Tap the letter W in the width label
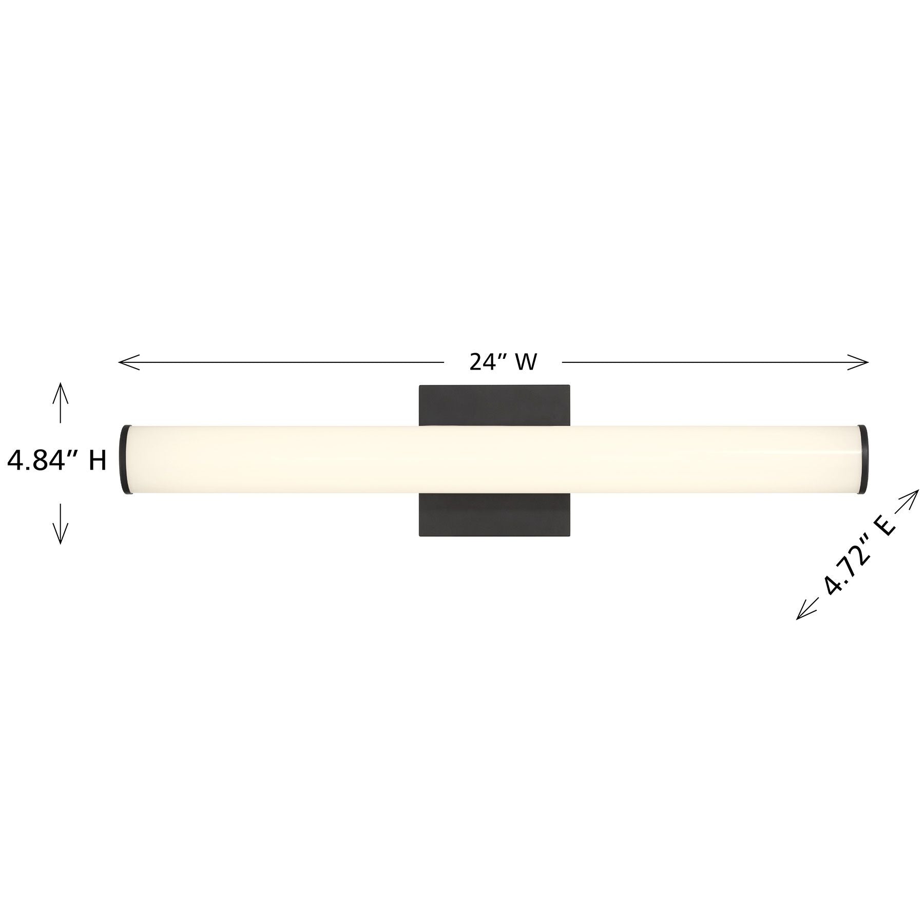click(x=526, y=362)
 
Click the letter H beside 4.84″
click(x=98, y=461)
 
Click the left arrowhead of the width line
click(x=128, y=362)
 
